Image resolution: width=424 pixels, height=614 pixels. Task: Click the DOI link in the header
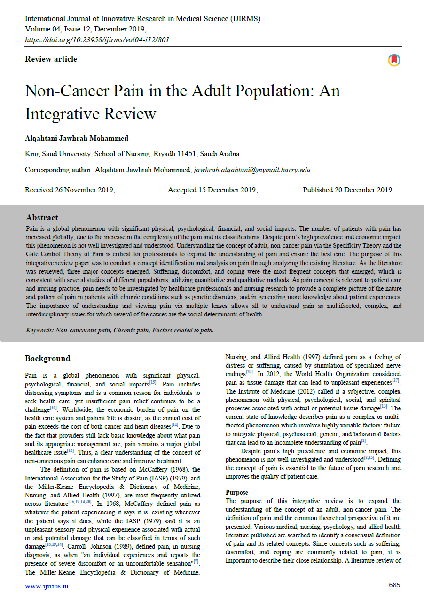point(97,39)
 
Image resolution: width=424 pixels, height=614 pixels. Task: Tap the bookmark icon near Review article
point(394,60)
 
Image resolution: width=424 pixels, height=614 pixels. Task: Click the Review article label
point(51,59)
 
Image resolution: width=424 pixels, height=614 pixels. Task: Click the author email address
point(252,170)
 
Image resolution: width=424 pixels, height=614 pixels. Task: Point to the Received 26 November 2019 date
point(70,190)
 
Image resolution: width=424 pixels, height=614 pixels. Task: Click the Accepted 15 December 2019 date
point(212,190)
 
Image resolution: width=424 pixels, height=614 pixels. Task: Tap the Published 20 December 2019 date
point(347,190)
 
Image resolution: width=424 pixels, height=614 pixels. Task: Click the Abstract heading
point(42,218)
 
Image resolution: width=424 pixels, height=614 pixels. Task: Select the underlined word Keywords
point(39,330)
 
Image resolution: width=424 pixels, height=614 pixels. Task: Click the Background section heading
point(47,359)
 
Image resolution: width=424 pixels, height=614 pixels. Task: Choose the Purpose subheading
point(237,492)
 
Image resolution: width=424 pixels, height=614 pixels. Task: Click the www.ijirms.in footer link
point(47,586)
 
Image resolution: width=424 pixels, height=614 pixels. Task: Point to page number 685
point(394,585)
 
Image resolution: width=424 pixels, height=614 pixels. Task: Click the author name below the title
point(77,138)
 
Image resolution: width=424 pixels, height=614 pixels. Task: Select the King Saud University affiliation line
point(132,154)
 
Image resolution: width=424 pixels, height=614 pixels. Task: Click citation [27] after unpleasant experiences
point(396,380)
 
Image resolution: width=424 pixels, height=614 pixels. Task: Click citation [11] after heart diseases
point(175,425)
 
